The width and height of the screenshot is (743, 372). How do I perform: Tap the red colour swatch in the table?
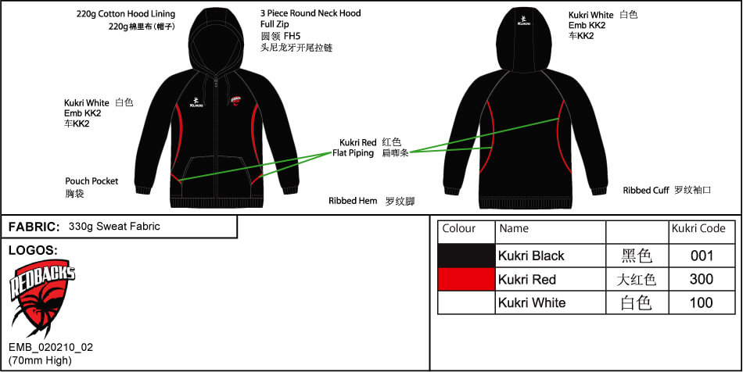pyautogui.click(x=466, y=279)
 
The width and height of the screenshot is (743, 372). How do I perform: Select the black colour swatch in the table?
pyautogui.click(x=466, y=256)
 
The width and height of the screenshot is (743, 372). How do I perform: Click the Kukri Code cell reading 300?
pyautogui.click(x=702, y=279)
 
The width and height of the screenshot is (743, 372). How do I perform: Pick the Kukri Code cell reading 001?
pyautogui.click(x=702, y=256)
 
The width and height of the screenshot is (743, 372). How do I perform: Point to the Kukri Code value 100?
pyautogui.click(x=702, y=302)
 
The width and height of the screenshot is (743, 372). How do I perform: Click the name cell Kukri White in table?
pyautogui.click(x=532, y=302)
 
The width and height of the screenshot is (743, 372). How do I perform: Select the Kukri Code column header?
pyautogui.click(x=698, y=229)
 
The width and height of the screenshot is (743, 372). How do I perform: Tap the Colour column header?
pyautogui.click(x=458, y=229)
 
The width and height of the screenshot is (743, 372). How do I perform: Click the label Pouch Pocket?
pyautogui.click(x=92, y=181)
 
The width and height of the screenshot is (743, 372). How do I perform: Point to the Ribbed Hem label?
pyautogui.click(x=353, y=201)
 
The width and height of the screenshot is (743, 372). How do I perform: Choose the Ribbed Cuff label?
pyautogui.click(x=646, y=190)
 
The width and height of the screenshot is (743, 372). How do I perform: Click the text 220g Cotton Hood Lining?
pyautogui.click(x=126, y=14)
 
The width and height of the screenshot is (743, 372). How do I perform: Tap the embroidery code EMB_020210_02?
pyautogui.click(x=51, y=348)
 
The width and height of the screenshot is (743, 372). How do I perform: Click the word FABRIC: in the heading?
pyautogui.click(x=34, y=227)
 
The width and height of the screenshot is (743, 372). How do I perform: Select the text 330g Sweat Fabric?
pyautogui.click(x=114, y=226)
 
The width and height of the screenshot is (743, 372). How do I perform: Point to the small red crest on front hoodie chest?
pyautogui.click(x=236, y=100)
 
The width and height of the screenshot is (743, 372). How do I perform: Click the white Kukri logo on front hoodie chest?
pyautogui.click(x=196, y=102)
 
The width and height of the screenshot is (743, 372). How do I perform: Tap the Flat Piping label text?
pyautogui.click(x=353, y=153)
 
